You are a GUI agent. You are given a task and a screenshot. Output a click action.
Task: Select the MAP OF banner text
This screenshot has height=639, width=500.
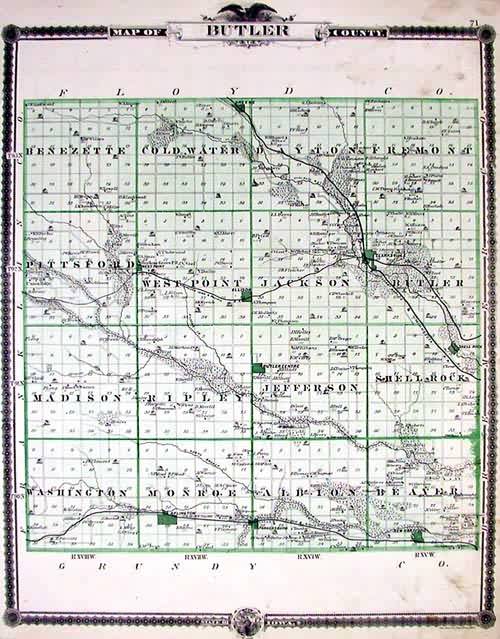[137, 32]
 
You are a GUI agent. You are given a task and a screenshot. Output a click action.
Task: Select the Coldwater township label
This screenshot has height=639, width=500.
[190, 150]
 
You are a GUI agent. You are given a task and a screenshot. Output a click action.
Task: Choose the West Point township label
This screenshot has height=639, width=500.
[192, 284]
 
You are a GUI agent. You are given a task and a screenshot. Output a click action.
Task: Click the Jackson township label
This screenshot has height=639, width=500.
[304, 284]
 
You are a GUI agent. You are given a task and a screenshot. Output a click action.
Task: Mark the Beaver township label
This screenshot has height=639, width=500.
[418, 492]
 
